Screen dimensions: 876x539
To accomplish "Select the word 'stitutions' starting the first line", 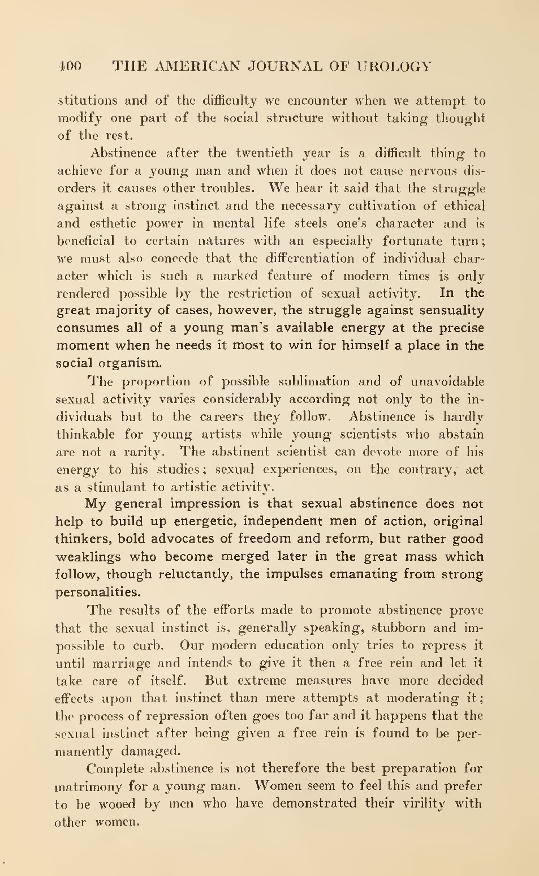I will tap(88, 101).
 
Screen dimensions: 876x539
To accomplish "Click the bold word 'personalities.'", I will tap(97, 592).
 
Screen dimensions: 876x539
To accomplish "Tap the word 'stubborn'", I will tap(402, 628).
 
